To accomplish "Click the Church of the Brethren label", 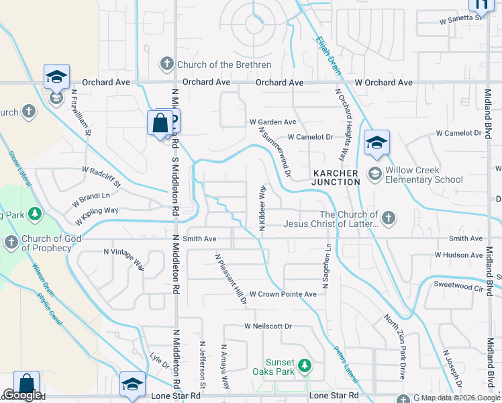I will pyautogui.click(x=224, y=65).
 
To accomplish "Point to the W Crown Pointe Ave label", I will pyautogui.click(x=283, y=294).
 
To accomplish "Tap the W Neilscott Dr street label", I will pyautogui.click(x=268, y=326).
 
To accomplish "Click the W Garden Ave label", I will pyautogui.click(x=272, y=122).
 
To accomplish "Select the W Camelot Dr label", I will pyautogui.click(x=310, y=137).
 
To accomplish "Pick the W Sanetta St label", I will pyautogui.click(x=461, y=19).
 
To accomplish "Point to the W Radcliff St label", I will pyautogui.click(x=101, y=177).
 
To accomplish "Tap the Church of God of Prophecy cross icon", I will pyautogui.click(x=11, y=242).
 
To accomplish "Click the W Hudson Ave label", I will pyautogui.click(x=458, y=255).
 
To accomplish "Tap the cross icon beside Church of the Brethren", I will pyautogui.click(x=166, y=65).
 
